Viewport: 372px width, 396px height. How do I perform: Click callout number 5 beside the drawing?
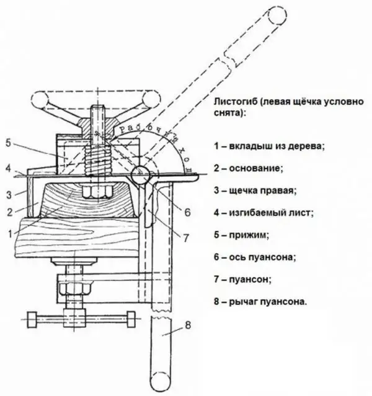click(8, 143)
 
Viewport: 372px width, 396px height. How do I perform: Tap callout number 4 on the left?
click(9, 168)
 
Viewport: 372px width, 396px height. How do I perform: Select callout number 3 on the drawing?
click(9, 195)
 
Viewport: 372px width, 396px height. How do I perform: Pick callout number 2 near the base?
click(9, 212)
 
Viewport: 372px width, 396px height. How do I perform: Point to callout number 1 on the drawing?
click(10, 234)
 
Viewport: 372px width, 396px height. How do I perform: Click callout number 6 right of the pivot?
click(187, 212)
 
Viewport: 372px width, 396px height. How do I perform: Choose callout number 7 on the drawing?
click(186, 238)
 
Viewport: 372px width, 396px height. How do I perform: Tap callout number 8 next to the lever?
click(188, 325)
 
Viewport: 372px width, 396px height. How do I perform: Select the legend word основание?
click(255, 168)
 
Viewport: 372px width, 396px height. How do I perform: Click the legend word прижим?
click(249, 235)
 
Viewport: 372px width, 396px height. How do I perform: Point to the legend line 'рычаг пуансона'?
click(268, 301)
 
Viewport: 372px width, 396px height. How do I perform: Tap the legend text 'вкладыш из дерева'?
click(277, 146)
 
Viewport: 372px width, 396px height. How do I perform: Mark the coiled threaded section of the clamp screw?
click(98, 160)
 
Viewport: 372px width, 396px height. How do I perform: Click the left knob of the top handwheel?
click(39, 99)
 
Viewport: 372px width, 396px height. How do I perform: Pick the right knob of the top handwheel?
click(151, 98)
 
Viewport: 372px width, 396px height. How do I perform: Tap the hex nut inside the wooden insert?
click(97, 191)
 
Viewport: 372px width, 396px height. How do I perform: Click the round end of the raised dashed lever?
click(278, 15)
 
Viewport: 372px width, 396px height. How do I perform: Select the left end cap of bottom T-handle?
click(32, 320)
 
